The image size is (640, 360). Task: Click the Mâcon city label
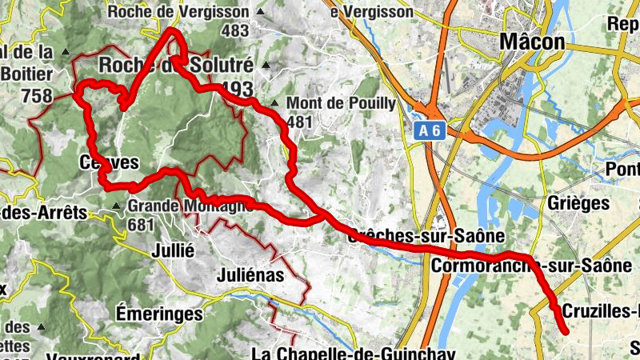[x=531, y=42]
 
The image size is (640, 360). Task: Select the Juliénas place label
[x=250, y=275]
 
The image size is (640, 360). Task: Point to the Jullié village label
[x=173, y=250]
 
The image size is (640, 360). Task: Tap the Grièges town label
[x=578, y=203]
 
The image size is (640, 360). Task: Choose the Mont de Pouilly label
[x=341, y=103]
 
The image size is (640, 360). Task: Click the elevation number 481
[x=298, y=122]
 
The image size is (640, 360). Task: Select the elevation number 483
[x=236, y=30]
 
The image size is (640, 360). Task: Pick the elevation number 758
[x=38, y=97]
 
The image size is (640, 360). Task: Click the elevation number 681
[x=140, y=225]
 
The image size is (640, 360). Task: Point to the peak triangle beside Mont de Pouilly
[x=274, y=103]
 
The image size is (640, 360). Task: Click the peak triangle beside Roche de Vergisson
[x=260, y=12]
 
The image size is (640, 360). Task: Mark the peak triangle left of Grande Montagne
[x=118, y=206]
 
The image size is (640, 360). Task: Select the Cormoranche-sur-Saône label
[x=534, y=264]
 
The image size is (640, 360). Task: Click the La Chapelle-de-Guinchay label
[x=353, y=354]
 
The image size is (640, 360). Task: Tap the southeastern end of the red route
[x=566, y=331]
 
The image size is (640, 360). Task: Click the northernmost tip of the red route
[x=171, y=30]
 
